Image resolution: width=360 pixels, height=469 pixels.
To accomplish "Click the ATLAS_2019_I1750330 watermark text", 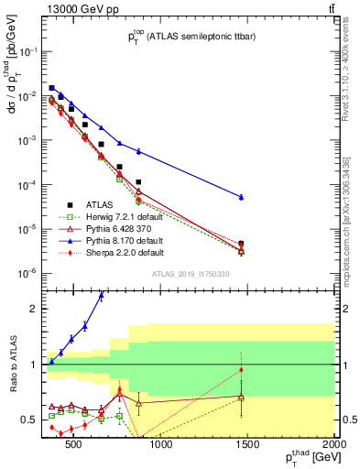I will [x=189, y=274].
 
